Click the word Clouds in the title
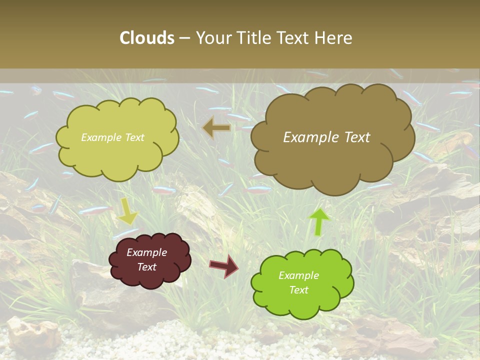click(147, 38)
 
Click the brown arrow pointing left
click(216, 128)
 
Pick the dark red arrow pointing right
click(223, 265)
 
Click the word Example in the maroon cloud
click(146, 252)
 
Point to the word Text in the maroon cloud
click(146, 267)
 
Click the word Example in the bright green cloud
click(298, 275)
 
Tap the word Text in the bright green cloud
click(298, 290)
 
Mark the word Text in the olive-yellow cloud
click(134, 137)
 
